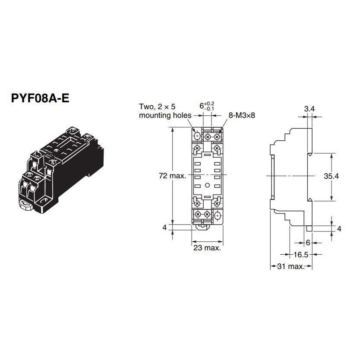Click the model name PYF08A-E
(39, 98)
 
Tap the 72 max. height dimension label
(173, 176)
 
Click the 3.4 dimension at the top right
(309, 110)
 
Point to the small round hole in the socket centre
(207, 186)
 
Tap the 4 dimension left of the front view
(164, 227)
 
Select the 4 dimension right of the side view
(339, 229)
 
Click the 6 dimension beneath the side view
(308, 243)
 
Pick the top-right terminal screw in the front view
(218, 136)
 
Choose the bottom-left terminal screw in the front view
(198, 215)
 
